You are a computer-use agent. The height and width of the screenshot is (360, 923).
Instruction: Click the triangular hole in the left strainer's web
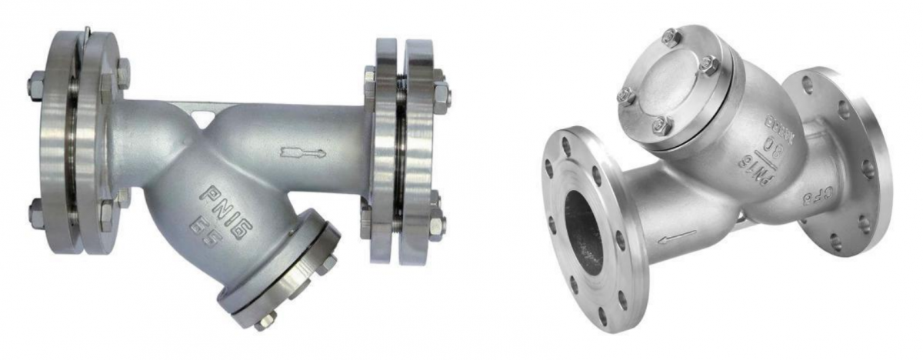[x=202, y=117]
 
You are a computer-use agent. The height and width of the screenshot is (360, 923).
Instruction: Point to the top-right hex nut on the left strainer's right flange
[x=442, y=95]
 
